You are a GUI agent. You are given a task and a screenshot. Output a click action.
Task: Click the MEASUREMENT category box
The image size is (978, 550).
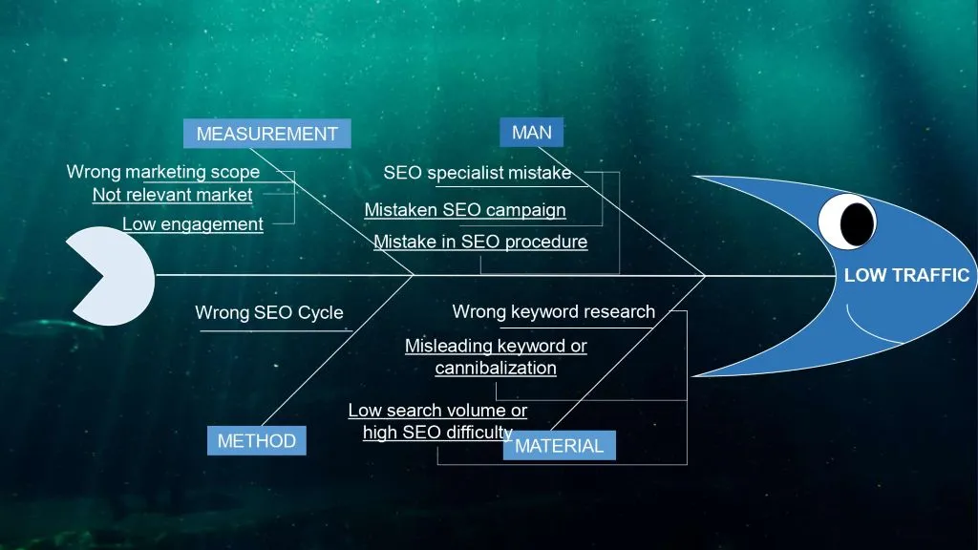pos(266,135)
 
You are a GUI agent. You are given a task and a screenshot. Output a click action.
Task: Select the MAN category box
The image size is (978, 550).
pos(531,133)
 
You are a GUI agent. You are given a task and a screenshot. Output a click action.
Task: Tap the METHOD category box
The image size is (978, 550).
pos(256,441)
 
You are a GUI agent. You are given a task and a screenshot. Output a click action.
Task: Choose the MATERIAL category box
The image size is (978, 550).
pos(559,446)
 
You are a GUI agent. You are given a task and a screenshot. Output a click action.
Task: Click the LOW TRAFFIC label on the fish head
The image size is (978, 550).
pos(906,276)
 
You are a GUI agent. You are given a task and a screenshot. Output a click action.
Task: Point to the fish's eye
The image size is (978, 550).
pos(848,222)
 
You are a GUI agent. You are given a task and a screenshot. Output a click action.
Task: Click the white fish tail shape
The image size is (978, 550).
pos(110,276)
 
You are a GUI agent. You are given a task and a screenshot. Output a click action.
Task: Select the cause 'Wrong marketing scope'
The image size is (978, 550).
pos(162,172)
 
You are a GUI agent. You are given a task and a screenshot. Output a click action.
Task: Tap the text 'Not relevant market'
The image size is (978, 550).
pos(172,195)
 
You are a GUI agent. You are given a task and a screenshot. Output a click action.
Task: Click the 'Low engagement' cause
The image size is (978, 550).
pos(192,224)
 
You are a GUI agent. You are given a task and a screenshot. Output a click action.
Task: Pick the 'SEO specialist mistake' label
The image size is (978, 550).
pos(477,173)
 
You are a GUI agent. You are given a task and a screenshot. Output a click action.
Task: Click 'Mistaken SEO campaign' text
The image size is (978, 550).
pos(464,210)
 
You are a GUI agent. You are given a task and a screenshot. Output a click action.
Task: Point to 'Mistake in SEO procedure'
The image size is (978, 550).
pos(479,242)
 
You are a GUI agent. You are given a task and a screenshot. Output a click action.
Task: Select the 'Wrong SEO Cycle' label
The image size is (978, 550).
pos(268,312)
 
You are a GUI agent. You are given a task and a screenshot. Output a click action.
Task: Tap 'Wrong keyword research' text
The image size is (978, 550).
pos(553,311)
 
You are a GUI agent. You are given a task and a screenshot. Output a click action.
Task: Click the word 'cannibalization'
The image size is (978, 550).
pos(495,368)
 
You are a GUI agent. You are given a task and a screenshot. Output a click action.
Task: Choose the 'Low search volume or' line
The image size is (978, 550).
pos(436,411)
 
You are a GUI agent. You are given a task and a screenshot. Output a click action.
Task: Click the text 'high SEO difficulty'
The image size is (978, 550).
pos(436,433)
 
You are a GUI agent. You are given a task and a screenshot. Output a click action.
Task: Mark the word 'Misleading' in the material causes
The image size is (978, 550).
pos(447,346)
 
